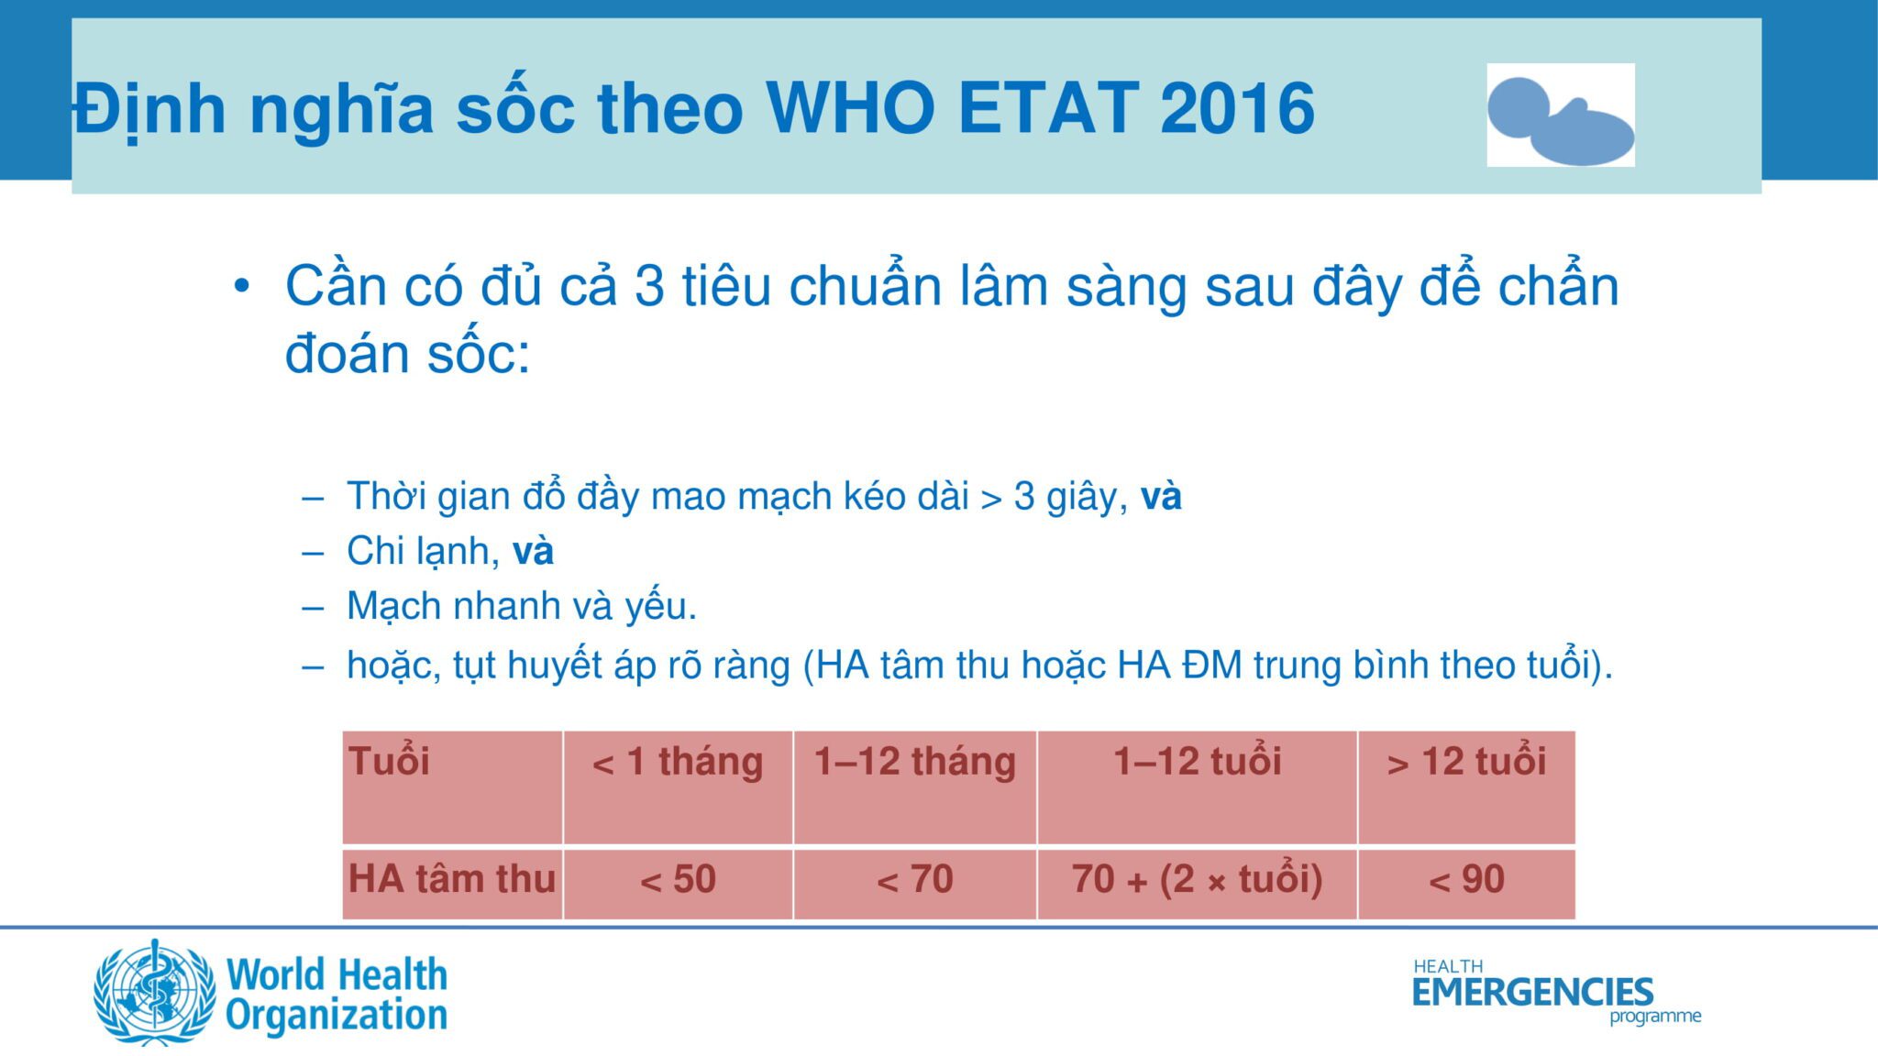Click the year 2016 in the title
1237,108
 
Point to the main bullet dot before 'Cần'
241,287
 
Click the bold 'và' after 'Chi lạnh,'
533,551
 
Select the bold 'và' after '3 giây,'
1161,496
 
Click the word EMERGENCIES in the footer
1532,992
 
